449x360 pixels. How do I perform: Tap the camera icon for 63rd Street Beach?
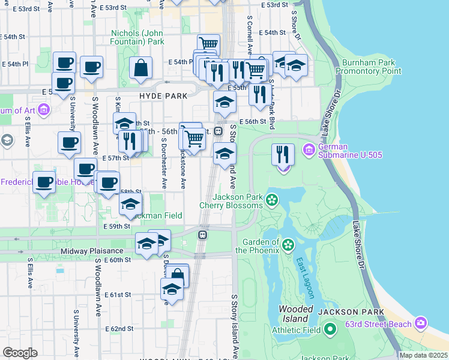pos(421,323)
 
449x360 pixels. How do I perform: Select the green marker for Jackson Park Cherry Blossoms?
pos(273,199)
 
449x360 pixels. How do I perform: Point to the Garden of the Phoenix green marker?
pos(288,244)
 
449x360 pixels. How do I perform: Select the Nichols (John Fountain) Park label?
pos(137,38)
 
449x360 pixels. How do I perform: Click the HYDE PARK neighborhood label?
pos(163,95)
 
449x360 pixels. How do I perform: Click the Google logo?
pos(20,353)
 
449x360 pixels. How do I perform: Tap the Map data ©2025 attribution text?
pos(423,355)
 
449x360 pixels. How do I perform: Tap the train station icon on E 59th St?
pos(203,234)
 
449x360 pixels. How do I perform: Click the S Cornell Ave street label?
pos(249,30)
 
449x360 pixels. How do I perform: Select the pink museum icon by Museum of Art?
pos(43,110)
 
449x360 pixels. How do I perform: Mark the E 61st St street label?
pos(116,295)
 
